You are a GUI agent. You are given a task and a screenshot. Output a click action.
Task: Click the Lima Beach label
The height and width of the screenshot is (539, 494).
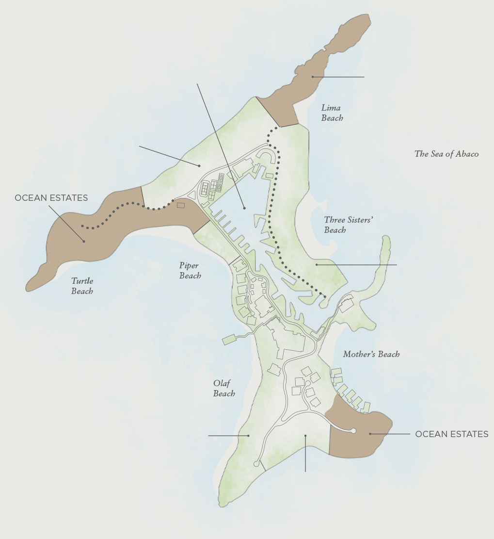[332, 113]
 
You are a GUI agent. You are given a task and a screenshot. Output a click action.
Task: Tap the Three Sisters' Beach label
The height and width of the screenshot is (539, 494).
[348, 225]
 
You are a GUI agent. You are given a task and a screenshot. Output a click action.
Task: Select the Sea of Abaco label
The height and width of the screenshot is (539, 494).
[446, 154]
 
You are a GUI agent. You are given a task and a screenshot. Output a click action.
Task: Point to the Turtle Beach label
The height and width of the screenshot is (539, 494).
[82, 286]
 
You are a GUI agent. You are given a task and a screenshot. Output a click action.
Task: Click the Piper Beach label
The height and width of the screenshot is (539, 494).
[190, 270]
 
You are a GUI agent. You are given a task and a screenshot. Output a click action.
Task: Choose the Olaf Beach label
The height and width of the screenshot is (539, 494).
[224, 388]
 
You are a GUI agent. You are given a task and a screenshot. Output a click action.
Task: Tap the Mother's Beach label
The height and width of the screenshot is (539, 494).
[371, 354]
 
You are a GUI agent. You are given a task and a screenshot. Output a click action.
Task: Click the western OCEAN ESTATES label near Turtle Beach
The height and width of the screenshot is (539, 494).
[51, 198]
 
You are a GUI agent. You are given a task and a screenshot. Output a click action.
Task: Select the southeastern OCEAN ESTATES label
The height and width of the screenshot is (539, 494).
[451, 434]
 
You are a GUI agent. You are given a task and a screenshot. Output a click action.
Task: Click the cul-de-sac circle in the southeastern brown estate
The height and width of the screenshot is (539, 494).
[353, 431]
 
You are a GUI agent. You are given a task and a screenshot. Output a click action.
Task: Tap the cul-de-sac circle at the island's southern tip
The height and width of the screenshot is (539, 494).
[256, 464]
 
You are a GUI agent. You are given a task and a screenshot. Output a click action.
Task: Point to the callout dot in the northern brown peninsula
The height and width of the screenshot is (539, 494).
[313, 77]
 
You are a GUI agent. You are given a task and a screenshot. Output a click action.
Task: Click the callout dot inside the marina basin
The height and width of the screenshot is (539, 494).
[244, 208]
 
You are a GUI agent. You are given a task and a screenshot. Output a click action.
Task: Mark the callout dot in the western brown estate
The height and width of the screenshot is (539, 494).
[84, 241]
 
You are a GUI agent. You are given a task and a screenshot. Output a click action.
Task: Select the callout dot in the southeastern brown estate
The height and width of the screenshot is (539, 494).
[370, 434]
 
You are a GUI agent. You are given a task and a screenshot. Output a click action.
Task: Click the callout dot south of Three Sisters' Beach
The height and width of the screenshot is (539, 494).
[317, 265]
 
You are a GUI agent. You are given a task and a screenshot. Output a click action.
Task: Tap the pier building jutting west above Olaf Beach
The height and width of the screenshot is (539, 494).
[230, 339]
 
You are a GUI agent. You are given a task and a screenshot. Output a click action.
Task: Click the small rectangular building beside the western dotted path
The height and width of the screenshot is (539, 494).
[181, 205]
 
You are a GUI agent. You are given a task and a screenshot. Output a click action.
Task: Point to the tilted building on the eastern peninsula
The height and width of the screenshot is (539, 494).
[346, 306]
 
